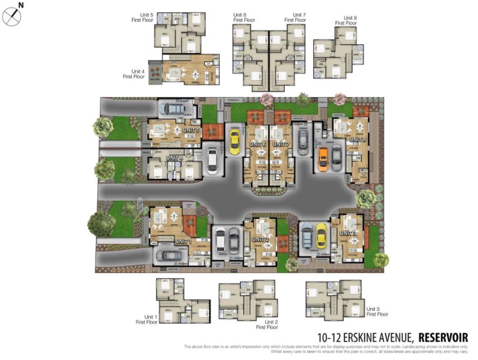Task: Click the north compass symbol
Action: [11, 17]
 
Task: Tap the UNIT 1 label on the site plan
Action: [183, 241]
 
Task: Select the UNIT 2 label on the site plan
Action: [260, 239]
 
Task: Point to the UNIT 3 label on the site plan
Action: [348, 233]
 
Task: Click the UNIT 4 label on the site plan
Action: [174, 158]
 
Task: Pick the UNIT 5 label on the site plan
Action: [192, 131]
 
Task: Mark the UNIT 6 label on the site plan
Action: [257, 143]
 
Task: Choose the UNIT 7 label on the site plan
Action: [280, 143]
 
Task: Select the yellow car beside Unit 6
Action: [235, 142]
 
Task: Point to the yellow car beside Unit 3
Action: [321, 235]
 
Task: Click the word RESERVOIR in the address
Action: [443, 338]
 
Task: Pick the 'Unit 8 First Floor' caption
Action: [346, 20]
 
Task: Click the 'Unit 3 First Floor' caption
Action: [377, 311]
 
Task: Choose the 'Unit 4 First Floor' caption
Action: [134, 74]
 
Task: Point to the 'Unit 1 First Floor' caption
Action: [147, 319]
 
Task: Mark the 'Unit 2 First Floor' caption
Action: [267, 325]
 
